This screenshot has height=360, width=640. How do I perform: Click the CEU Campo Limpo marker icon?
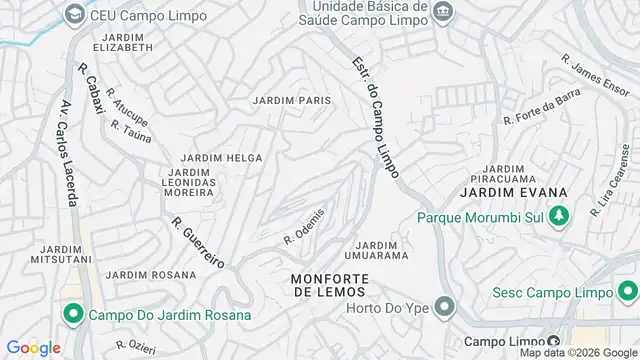point(73,14)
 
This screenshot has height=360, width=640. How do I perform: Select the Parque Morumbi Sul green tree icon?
point(559,214)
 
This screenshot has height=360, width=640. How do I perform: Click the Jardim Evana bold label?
point(514,192)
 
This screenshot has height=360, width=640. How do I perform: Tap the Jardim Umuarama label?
point(378,250)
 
